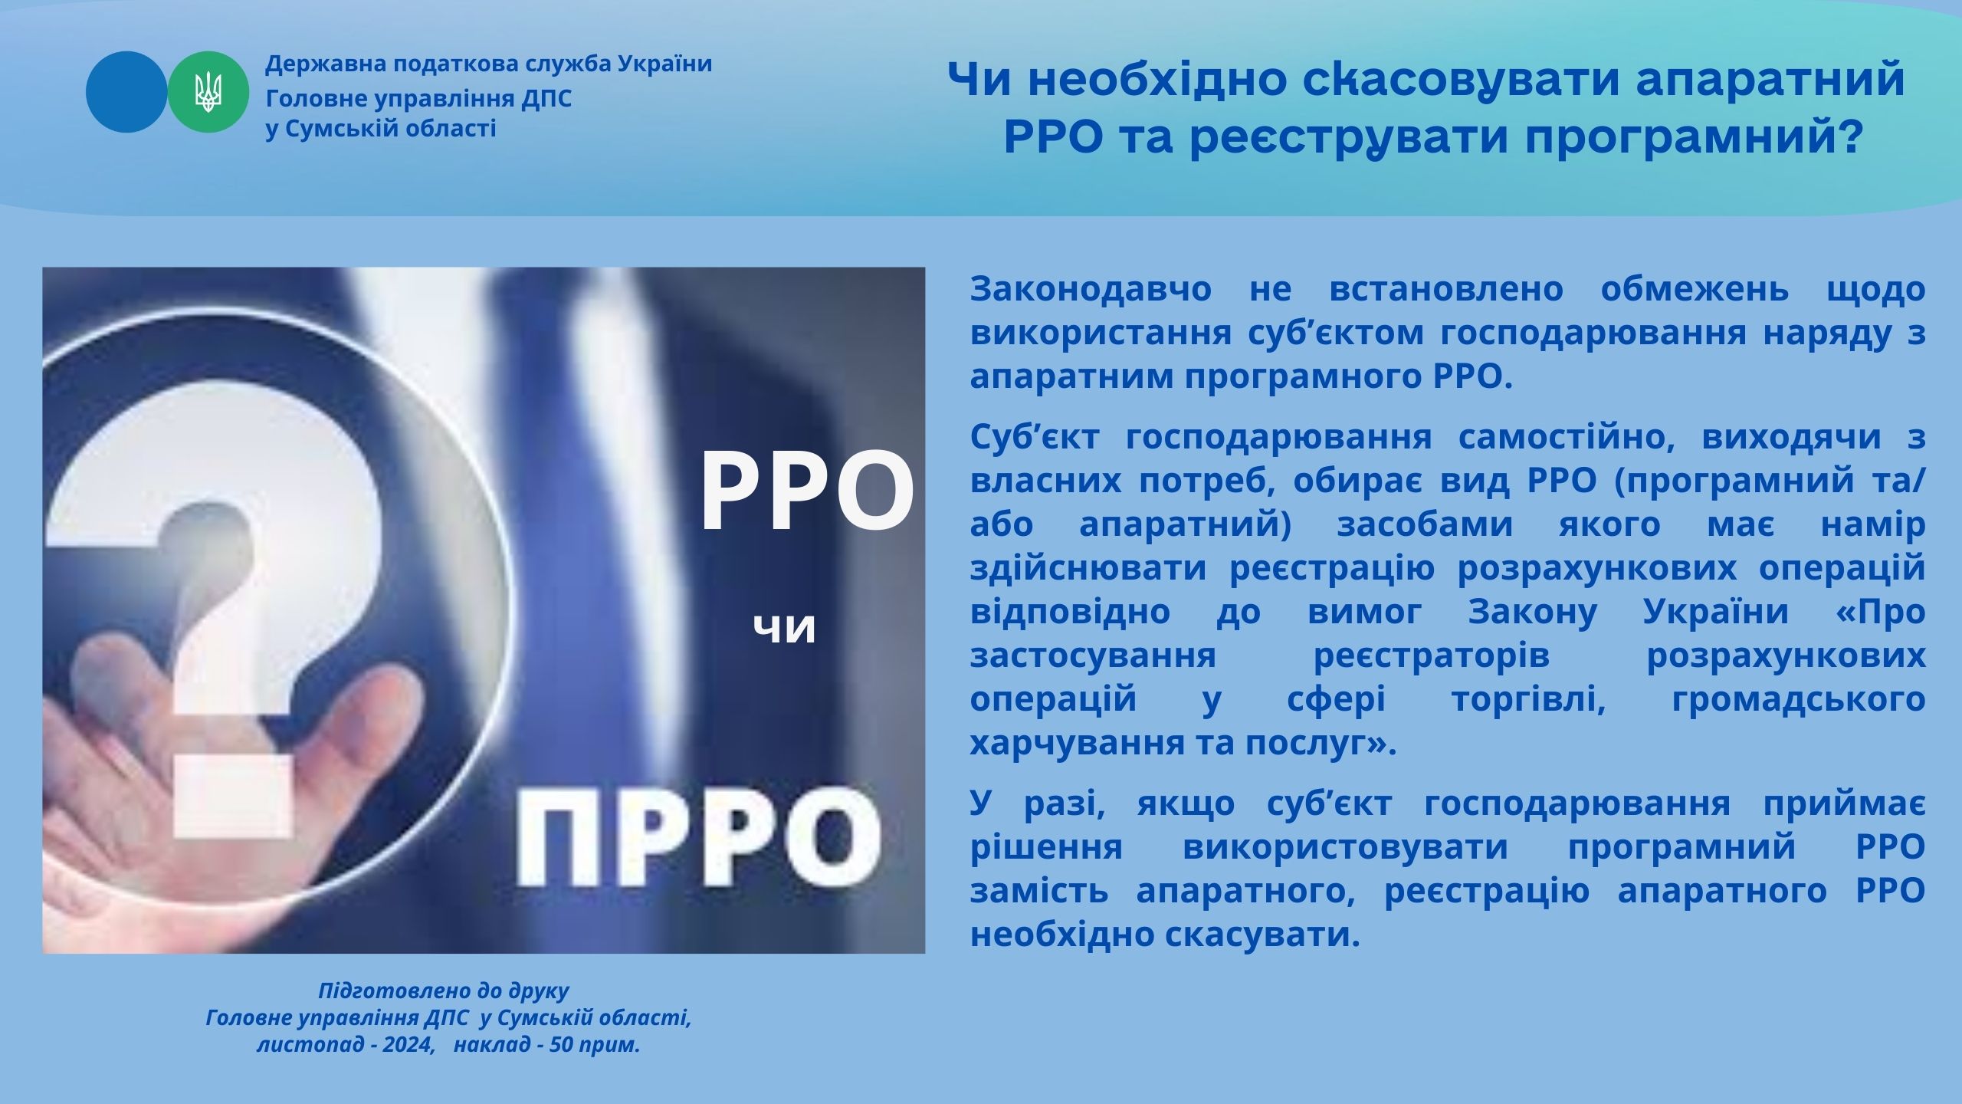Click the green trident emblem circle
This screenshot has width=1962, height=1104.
coord(208,92)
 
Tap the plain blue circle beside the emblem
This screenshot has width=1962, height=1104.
coord(126,92)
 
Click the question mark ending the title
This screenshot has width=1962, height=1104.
coord(1850,138)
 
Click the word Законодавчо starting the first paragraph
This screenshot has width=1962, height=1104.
coord(1091,290)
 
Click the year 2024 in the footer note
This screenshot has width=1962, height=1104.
coord(407,1045)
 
